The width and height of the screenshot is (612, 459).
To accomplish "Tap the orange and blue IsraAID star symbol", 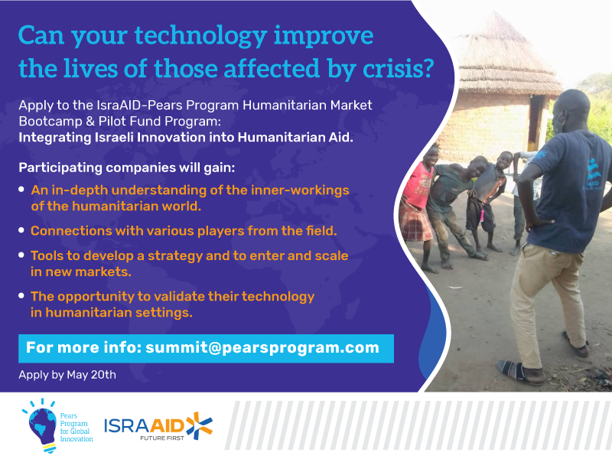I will [x=198, y=426].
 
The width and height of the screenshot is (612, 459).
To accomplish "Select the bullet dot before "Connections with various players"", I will [x=21, y=229].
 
